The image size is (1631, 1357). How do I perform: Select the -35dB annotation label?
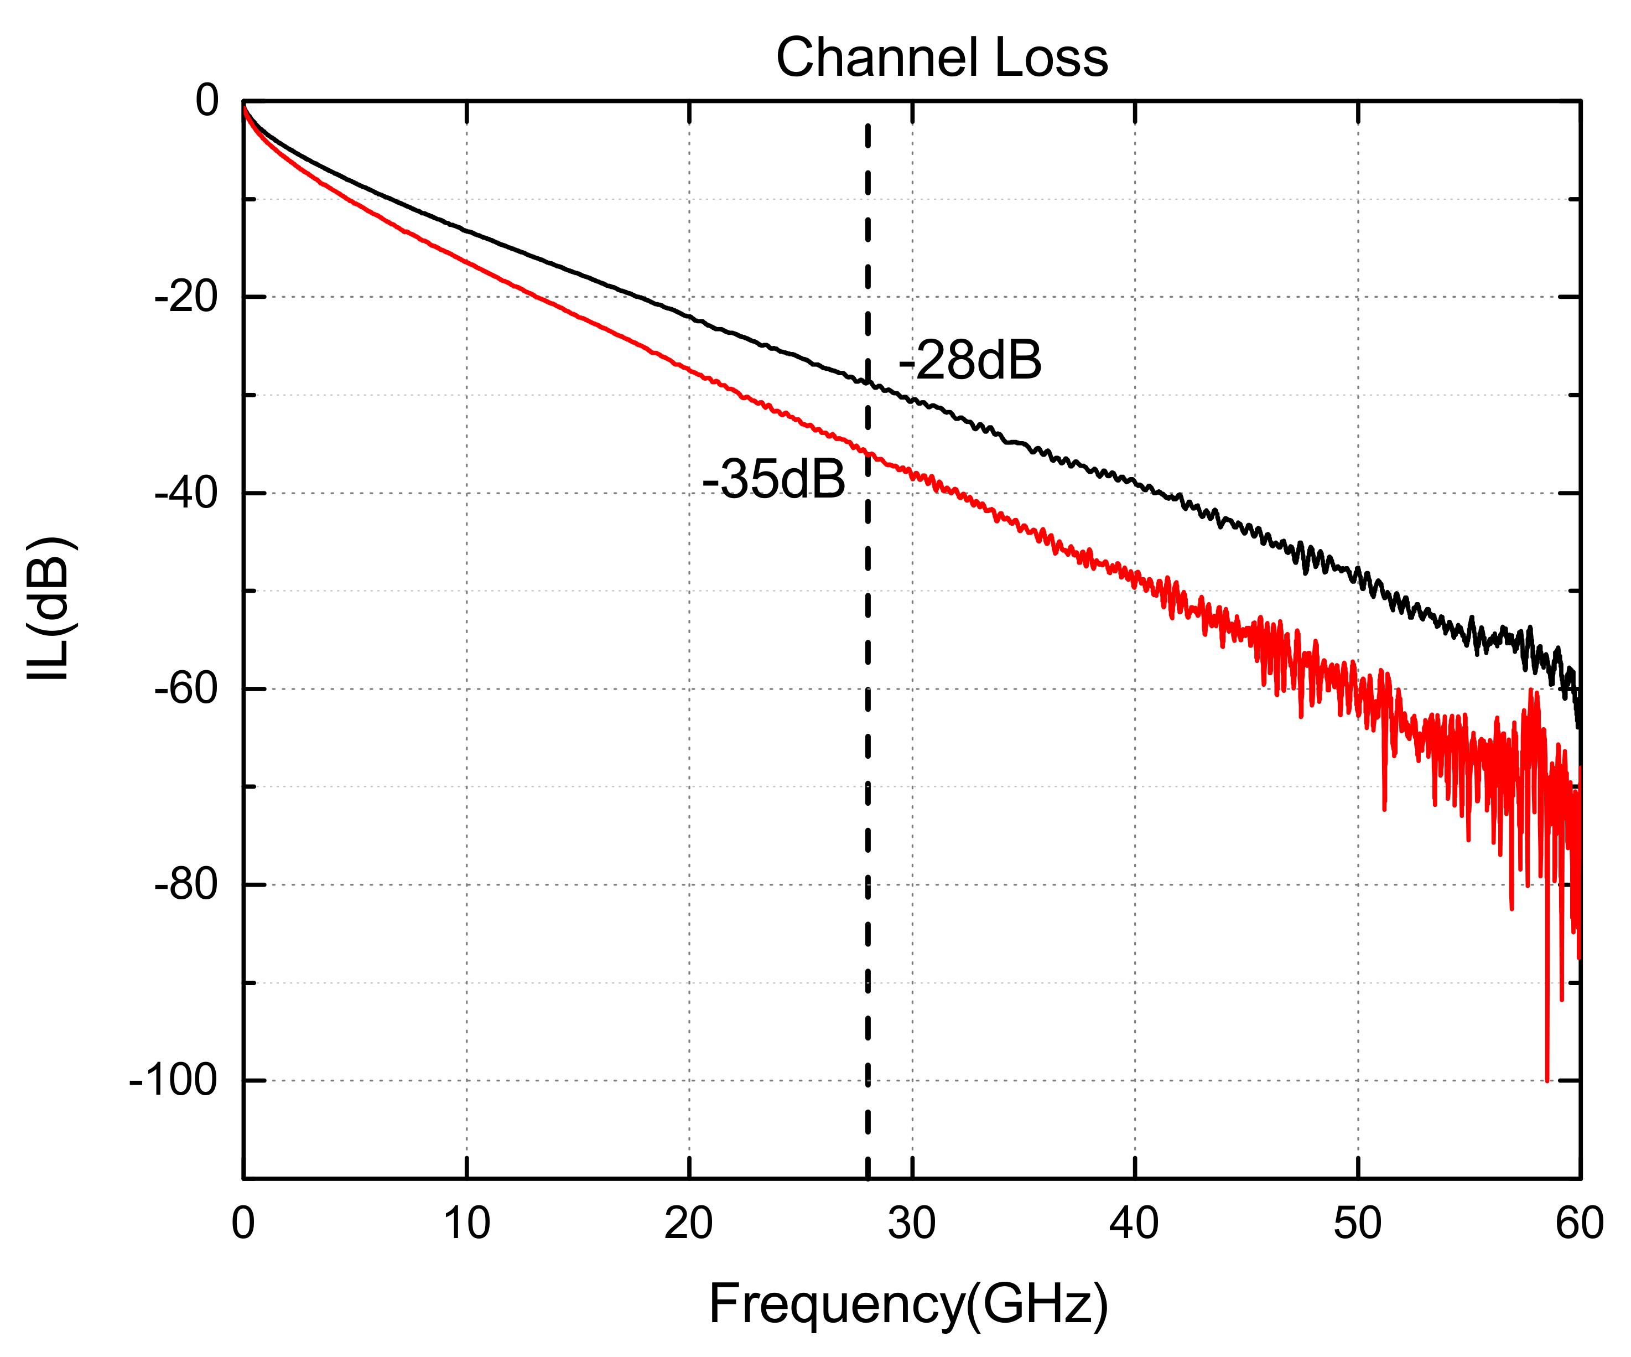pyautogui.click(x=773, y=479)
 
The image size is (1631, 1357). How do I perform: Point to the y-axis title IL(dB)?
pyautogui.click(x=50, y=608)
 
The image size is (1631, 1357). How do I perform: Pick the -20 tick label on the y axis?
pyautogui.click(x=186, y=297)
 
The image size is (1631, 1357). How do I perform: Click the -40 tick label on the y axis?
pyautogui.click(x=186, y=493)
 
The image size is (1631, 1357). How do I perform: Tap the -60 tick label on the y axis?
pyautogui.click(x=186, y=688)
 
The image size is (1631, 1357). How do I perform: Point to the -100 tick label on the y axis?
pyautogui.click(x=173, y=1080)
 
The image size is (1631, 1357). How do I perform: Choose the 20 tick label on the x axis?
pyautogui.click(x=688, y=1224)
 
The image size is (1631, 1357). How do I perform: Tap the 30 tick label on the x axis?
pyautogui.click(x=912, y=1224)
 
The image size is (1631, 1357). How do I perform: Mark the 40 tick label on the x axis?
pyautogui.click(x=1134, y=1224)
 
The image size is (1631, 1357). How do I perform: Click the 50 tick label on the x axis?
pyautogui.click(x=1358, y=1224)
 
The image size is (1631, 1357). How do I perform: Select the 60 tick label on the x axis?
pyautogui.click(x=1579, y=1224)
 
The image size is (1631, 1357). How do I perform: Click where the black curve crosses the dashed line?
pyautogui.click(x=868, y=382)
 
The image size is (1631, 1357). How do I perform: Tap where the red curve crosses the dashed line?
pyautogui.click(x=868, y=452)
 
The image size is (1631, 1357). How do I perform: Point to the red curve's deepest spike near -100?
pyautogui.click(x=1546, y=1078)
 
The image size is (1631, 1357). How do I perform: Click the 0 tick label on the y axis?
pyautogui.click(x=206, y=100)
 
